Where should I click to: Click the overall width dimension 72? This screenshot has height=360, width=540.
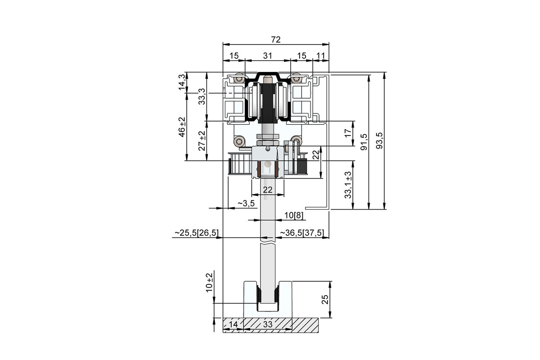[276, 40]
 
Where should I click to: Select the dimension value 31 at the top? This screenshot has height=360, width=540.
[268, 56]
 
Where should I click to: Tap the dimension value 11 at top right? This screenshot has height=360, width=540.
[320, 56]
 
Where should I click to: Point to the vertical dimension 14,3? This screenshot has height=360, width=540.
[182, 82]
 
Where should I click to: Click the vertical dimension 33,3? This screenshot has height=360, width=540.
[202, 96]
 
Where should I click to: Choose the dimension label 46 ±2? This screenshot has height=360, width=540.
[182, 127]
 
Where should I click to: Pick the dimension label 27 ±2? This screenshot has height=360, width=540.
[202, 141]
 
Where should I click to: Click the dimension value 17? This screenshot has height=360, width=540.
[348, 133]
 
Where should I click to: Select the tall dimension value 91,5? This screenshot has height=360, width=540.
[364, 142]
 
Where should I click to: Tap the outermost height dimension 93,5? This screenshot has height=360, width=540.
[379, 140]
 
